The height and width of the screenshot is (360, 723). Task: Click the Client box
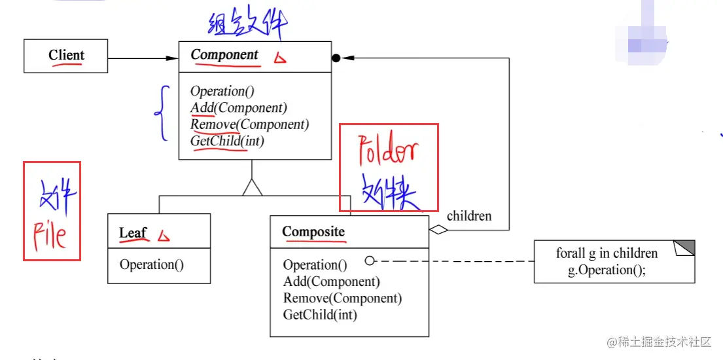(66, 56)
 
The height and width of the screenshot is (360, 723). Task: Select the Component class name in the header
(224, 56)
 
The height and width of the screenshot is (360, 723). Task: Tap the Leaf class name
(133, 233)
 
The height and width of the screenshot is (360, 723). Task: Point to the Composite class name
(313, 232)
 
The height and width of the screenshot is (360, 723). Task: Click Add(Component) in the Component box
(239, 108)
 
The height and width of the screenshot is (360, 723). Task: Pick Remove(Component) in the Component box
(249, 124)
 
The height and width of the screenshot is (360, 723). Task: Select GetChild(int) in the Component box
(227, 141)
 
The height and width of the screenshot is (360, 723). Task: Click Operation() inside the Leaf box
(152, 265)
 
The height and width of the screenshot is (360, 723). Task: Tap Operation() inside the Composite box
(315, 265)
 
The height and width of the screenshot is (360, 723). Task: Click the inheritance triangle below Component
(253, 188)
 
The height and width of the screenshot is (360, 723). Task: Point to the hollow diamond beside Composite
(438, 230)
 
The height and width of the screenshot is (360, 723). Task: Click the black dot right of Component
(336, 58)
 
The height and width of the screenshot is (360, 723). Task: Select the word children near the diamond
(469, 215)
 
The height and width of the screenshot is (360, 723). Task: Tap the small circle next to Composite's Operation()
(370, 261)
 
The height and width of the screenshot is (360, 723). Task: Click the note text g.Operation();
(607, 270)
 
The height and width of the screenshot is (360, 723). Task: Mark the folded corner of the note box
(684, 248)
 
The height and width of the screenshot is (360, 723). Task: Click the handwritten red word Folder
(388, 153)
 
